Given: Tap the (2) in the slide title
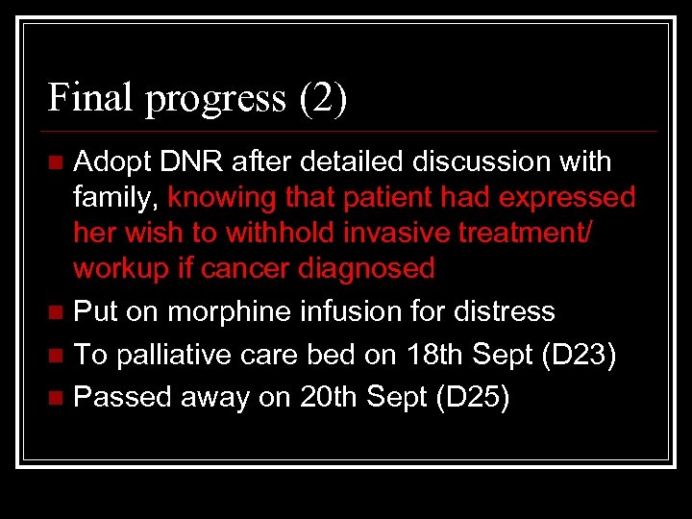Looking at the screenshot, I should pyautogui.click(x=323, y=99).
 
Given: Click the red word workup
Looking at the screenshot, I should pyautogui.click(x=122, y=268).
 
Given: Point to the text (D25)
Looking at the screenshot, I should pyautogui.click(x=473, y=397).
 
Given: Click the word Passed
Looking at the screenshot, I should pyautogui.click(x=119, y=396).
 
